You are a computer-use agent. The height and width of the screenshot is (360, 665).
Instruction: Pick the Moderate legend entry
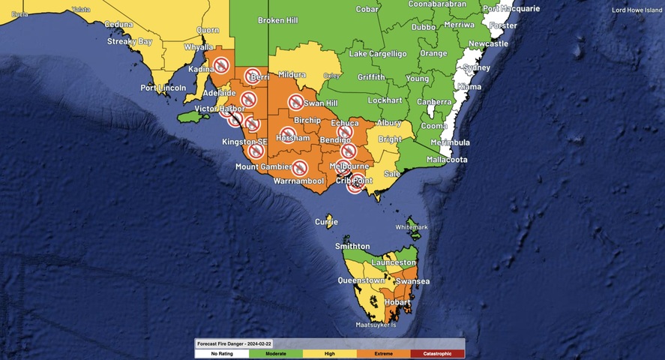click(276, 352)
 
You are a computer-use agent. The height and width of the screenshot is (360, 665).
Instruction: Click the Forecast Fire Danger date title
click(235, 343)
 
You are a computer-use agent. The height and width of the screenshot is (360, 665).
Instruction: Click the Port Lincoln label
click(162, 88)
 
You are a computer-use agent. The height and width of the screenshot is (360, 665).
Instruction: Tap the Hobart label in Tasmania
click(397, 301)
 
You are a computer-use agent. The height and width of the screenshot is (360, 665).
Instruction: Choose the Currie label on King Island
click(326, 222)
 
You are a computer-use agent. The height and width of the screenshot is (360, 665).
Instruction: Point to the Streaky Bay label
click(129, 41)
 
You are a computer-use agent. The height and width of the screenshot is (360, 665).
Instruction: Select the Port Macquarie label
click(511, 9)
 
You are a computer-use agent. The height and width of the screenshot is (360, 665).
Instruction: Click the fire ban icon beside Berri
click(252, 76)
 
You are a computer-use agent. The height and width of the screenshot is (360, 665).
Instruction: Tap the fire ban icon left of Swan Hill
click(295, 102)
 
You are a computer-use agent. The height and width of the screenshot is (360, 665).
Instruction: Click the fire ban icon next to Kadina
click(220, 65)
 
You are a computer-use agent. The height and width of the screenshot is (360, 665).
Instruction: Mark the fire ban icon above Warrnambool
click(299, 167)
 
